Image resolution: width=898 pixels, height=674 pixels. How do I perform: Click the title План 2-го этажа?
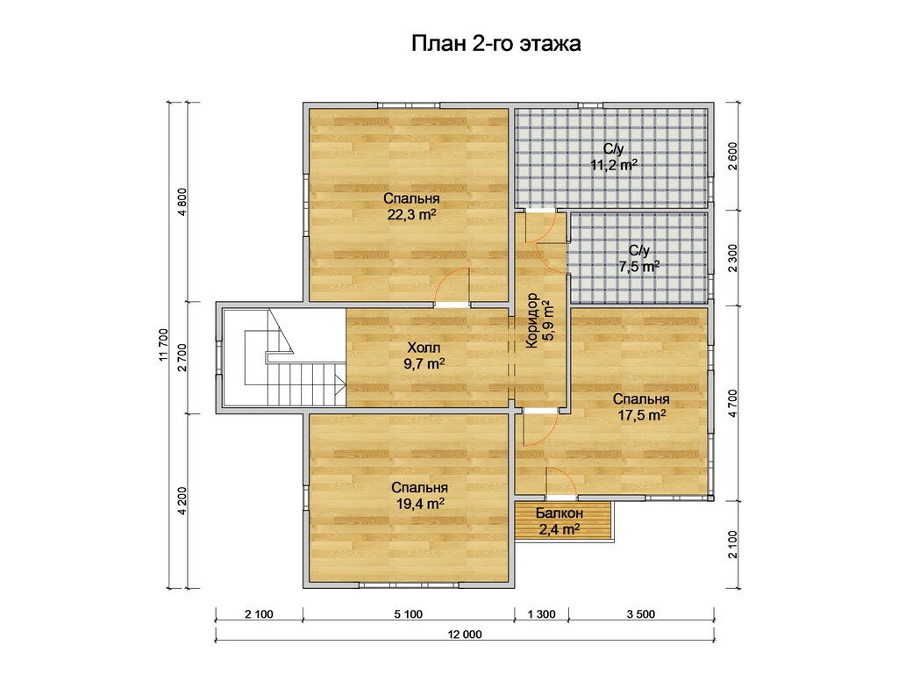click(496, 44)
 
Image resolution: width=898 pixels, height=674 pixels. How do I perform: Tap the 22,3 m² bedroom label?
click(412, 207)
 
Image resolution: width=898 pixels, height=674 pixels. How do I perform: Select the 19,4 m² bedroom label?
click(420, 496)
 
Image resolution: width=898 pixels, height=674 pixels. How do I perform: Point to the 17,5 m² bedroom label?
click(641, 407)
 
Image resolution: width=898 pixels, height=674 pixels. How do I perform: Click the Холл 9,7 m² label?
click(424, 356)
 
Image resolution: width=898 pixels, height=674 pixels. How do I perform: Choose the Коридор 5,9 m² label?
click(539, 320)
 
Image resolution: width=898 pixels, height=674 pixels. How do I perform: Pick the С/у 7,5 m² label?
click(639, 259)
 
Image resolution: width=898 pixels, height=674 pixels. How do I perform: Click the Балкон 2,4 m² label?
click(559, 521)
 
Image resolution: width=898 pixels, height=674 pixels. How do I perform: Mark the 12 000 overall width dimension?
click(465, 635)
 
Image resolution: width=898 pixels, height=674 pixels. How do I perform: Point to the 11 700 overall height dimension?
click(164, 345)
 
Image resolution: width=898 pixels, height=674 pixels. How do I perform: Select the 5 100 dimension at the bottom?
click(409, 614)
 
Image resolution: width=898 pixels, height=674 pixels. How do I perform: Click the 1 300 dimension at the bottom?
click(542, 614)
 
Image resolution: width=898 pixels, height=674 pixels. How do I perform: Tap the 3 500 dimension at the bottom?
click(641, 614)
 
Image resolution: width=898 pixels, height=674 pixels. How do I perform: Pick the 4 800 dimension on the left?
click(182, 202)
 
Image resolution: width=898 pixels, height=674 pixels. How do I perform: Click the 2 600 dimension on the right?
click(733, 156)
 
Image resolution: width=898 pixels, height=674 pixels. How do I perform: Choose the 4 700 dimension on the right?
click(733, 404)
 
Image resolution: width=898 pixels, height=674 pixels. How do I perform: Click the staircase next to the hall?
click(284, 357)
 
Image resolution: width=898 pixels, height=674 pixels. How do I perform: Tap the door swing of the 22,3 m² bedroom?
click(452, 285)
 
